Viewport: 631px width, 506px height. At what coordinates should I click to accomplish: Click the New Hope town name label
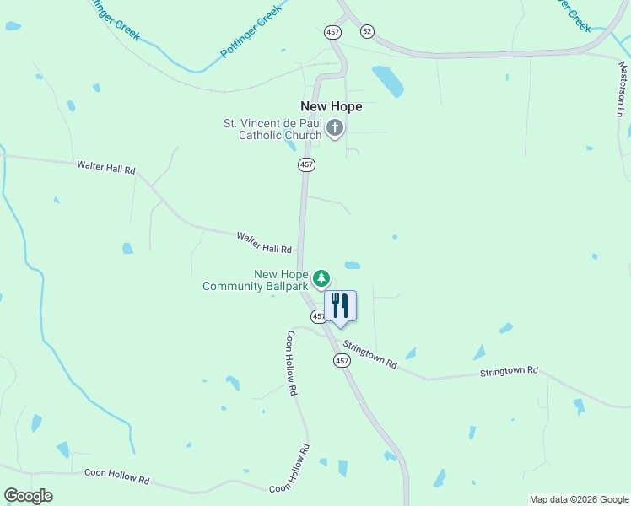332,106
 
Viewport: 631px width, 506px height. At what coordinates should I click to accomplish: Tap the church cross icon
335,128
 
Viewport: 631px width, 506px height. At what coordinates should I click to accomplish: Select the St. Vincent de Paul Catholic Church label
272,129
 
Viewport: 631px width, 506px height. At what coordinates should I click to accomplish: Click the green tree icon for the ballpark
321,277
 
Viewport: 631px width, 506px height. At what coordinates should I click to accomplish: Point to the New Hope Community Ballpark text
255,280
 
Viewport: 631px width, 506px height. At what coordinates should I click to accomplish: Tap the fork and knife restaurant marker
340,306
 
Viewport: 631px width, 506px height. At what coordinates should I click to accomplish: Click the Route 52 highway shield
366,30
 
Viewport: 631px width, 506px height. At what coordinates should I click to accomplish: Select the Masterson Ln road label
623,89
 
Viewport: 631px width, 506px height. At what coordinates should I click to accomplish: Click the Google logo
28,495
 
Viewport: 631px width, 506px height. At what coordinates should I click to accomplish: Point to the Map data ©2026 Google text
578,499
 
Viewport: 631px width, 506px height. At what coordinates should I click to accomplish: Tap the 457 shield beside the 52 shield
332,32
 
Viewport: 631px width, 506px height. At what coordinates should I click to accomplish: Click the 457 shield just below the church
306,165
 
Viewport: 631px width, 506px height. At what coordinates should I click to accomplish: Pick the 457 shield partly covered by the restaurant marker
317,316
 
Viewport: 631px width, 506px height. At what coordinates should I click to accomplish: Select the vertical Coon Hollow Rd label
292,363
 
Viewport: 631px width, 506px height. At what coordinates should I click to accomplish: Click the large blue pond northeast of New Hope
388,81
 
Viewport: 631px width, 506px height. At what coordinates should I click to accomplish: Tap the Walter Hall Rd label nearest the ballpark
264,243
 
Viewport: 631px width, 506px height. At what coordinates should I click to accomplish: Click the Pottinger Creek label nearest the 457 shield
250,34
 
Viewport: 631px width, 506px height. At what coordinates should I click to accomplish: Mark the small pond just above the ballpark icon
353,266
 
